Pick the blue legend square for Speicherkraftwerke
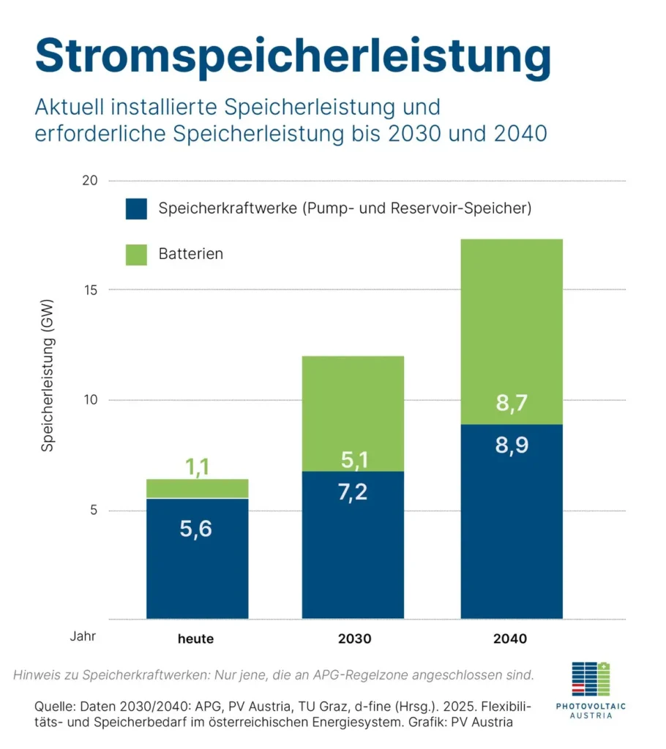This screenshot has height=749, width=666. [135, 208]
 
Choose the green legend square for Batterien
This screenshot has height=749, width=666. [135, 254]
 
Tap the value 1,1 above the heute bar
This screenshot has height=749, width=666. [196, 466]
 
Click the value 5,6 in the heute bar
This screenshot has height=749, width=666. [196, 528]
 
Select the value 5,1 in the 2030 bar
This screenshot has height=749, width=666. [353, 459]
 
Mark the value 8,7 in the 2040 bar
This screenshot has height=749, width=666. [511, 402]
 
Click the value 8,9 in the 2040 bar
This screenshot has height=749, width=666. [511, 445]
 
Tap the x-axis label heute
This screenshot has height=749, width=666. [196, 639]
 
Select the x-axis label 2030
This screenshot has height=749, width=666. [354, 639]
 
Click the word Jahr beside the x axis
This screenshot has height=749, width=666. [83, 636]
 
